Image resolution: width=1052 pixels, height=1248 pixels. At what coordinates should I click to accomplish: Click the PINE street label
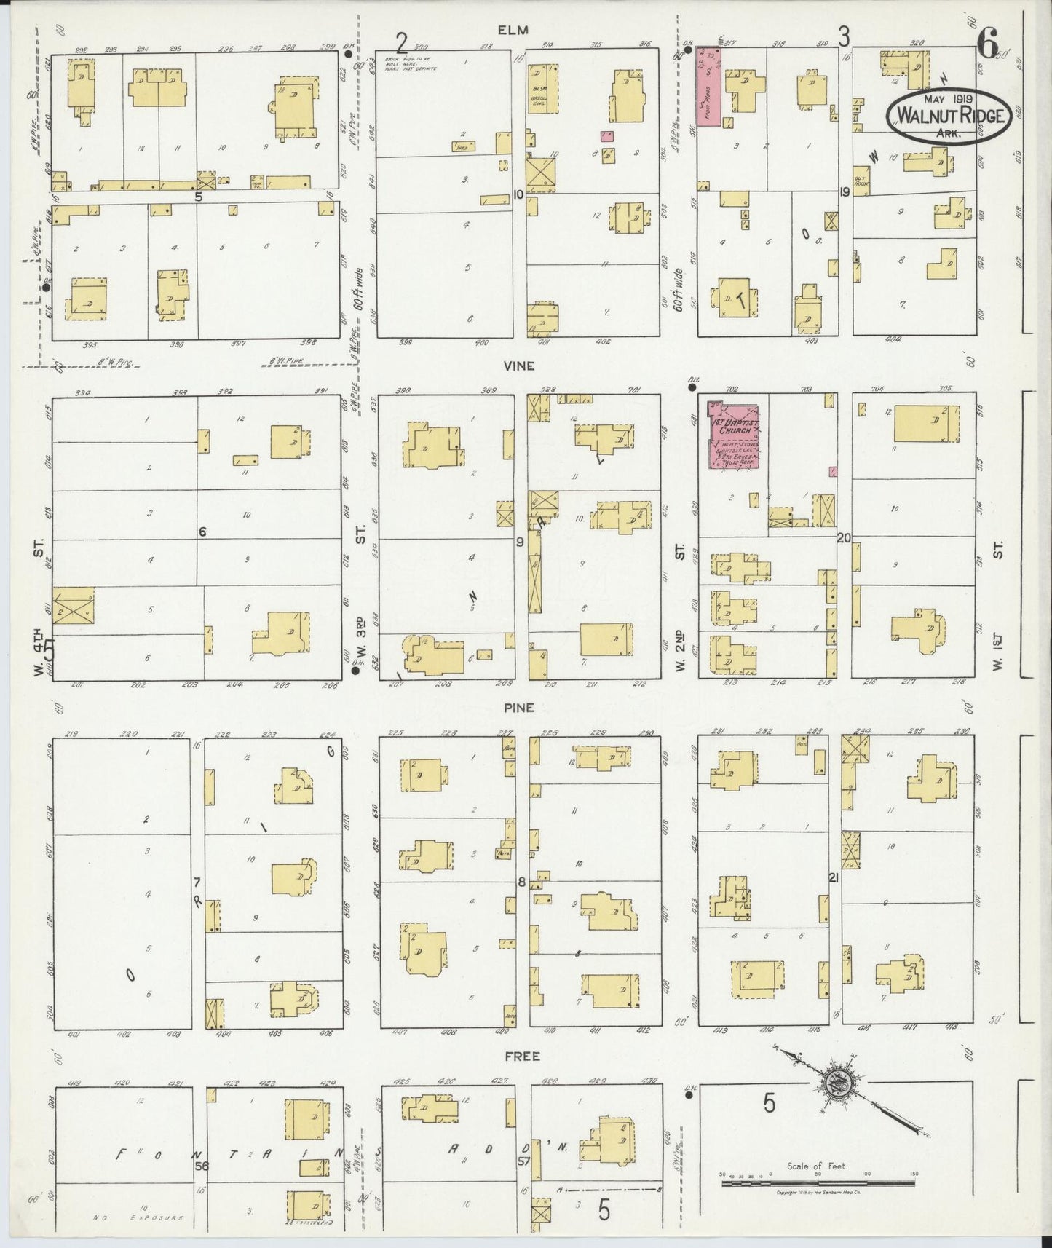pos(522,708)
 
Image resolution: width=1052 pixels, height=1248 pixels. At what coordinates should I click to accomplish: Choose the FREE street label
pos(522,1055)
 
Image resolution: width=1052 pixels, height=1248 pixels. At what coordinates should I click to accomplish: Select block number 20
pos(845,538)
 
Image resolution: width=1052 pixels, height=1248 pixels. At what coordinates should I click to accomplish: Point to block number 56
pos(202,1165)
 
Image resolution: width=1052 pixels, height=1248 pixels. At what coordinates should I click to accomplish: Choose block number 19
pos(844,192)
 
